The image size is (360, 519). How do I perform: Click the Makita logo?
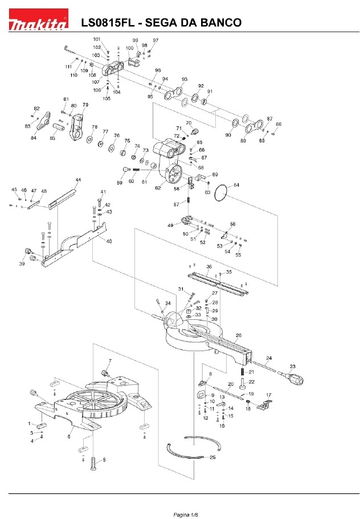tap(38, 23)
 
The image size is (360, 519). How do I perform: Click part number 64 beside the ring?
tap(236, 185)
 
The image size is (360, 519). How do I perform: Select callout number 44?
tap(78, 180)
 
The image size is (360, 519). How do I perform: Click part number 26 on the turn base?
tap(239, 335)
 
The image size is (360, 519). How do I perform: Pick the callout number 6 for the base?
tap(69, 436)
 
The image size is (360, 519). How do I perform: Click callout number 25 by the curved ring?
tap(212, 457)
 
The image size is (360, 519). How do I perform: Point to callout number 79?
tap(85, 105)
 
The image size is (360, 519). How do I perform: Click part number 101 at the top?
tap(97, 39)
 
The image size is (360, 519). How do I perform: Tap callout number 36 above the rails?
tap(209, 267)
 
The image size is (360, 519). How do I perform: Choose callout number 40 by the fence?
tap(109, 241)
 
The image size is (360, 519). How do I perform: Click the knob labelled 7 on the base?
tap(105, 373)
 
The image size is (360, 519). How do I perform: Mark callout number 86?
tap(279, 123)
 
